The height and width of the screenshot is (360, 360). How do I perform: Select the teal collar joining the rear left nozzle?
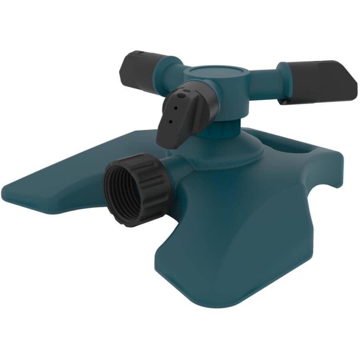pos(166,64)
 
